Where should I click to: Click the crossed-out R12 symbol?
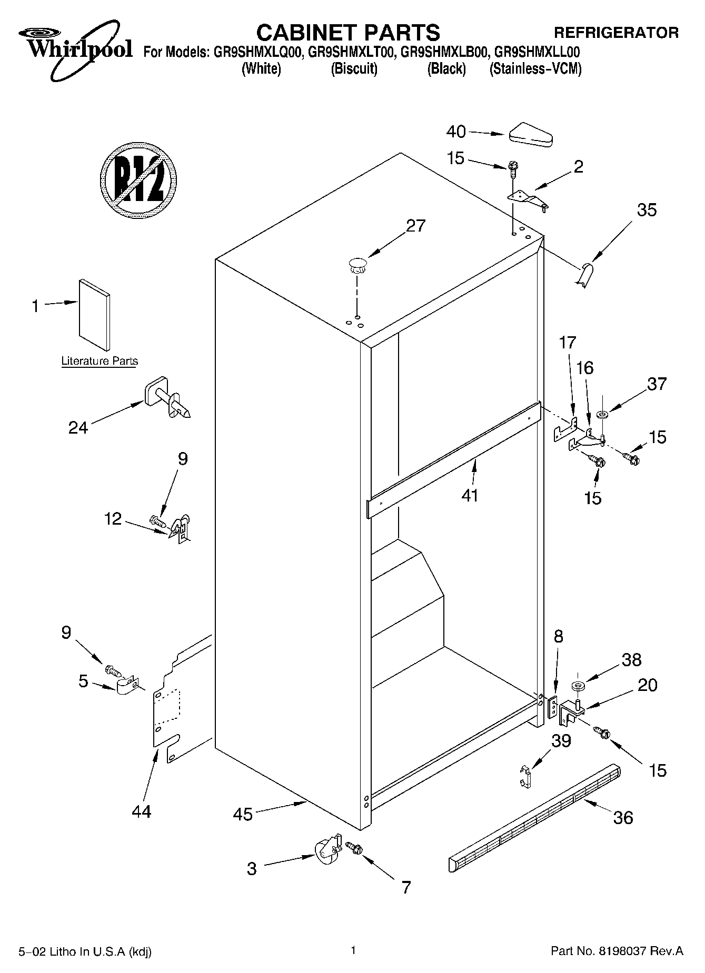point(138,180)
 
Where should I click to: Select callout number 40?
point(456,132)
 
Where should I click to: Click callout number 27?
point(415,226)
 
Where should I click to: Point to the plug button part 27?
point(357,265)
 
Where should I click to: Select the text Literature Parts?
point(100,361)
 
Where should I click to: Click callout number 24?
point(78,427)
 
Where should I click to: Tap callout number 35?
point(647,210)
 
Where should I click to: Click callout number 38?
point(631,660)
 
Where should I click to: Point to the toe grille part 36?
point(534,816)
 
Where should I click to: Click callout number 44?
point(142,811)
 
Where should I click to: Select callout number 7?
point(405,887)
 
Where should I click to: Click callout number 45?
point(243,814)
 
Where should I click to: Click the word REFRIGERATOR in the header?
point(617,33)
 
